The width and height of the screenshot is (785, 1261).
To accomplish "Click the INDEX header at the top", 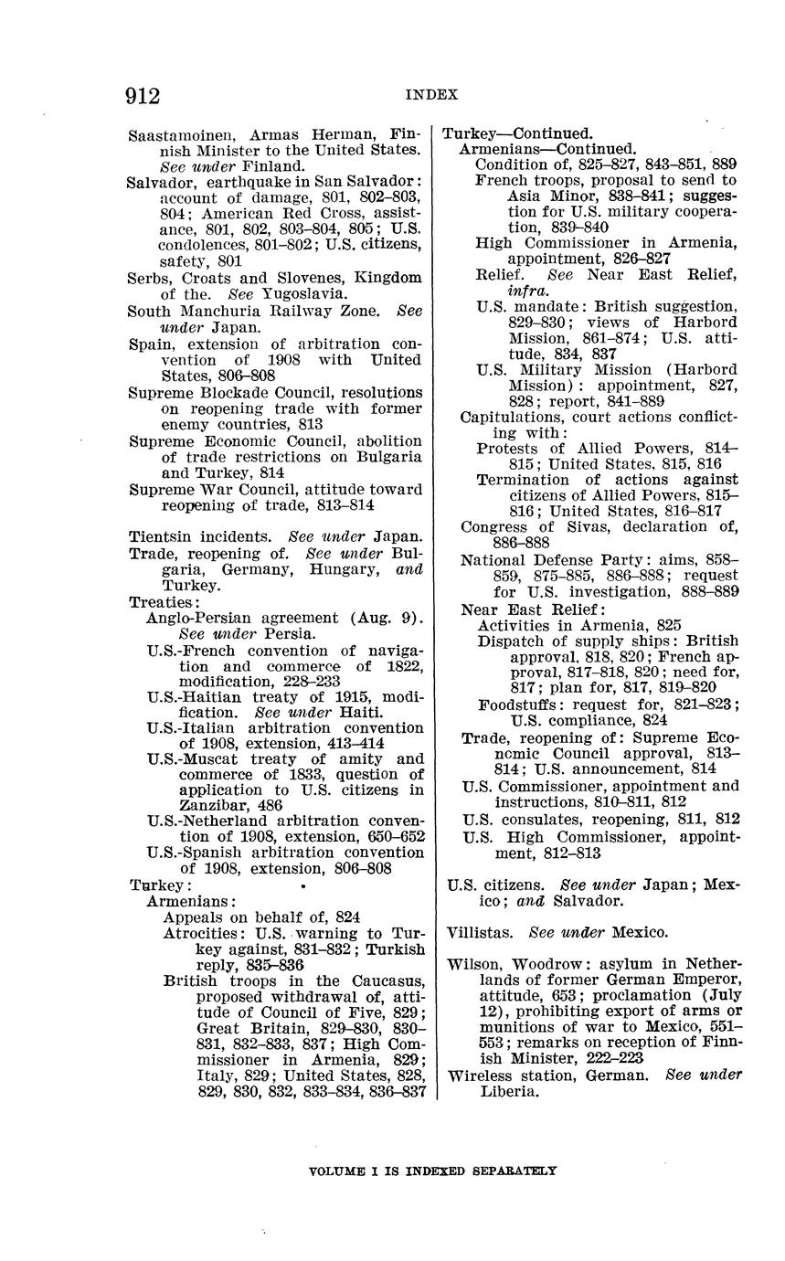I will [x=431, y=95].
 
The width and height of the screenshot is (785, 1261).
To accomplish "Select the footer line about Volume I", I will [x=432, y=1171].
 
